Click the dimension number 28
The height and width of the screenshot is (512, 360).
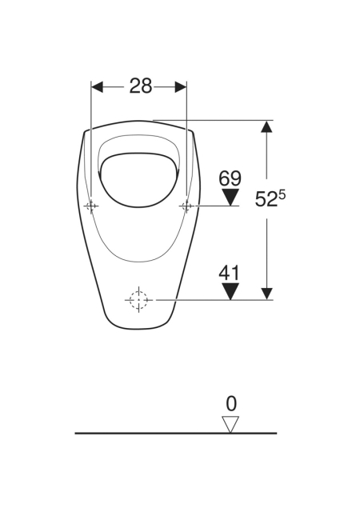pos(141,86)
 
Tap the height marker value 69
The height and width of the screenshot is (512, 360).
pos(230,178)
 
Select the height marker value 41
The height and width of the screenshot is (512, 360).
pos(229,273)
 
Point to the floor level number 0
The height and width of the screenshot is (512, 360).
pos(231,404)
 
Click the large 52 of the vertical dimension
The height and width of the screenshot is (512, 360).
pos(266,199)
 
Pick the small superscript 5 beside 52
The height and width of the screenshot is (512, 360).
pos(282,195)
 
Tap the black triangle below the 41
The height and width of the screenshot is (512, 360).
pos(230,291)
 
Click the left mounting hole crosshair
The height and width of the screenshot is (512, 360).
pos(91,206)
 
